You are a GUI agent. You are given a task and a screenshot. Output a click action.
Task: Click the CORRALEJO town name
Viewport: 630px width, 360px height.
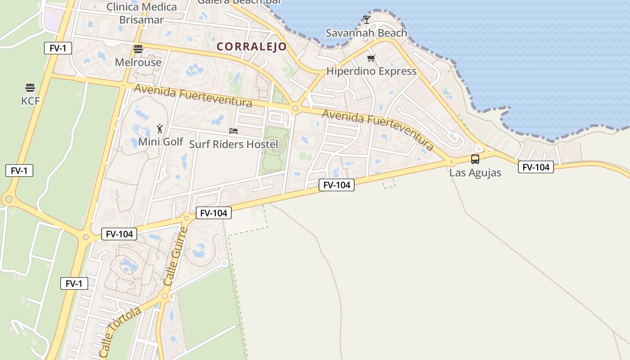252,47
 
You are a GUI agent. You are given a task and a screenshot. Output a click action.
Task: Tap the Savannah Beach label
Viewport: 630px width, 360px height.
366,33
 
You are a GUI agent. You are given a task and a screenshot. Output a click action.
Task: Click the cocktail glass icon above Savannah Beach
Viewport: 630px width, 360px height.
367,19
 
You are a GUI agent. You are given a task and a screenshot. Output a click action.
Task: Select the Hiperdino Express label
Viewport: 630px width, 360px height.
371,71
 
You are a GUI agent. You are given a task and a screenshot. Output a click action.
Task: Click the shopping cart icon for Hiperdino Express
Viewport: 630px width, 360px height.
371,58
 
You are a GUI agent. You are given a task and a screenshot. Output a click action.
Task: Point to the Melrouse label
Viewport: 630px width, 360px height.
138,62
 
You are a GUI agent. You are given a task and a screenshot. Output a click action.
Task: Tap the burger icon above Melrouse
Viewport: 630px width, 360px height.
138,49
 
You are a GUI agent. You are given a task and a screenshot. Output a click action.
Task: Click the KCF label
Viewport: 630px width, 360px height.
31,101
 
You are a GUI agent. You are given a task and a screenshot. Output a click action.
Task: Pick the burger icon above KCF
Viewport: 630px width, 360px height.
30,87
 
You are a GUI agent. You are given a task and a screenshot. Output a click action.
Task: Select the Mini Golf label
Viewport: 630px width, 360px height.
161,142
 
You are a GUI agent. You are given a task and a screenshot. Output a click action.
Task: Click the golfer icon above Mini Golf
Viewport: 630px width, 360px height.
160,129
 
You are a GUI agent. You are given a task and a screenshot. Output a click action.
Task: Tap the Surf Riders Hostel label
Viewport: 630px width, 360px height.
234,144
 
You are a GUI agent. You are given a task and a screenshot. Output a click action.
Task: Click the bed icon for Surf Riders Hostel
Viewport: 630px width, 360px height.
233,131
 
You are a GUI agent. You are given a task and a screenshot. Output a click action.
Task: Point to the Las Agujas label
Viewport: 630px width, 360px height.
475,173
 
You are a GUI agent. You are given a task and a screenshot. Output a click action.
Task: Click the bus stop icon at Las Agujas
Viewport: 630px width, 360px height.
475,159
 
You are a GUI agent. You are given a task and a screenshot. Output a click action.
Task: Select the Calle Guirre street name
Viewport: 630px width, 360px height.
175,256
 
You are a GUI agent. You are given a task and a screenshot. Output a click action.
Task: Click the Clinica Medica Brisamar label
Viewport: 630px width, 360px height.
141,13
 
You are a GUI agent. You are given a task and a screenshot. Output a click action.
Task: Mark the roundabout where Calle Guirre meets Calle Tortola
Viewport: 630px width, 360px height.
164,296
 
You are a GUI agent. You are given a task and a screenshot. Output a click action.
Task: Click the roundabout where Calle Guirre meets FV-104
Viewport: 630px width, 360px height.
186,218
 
